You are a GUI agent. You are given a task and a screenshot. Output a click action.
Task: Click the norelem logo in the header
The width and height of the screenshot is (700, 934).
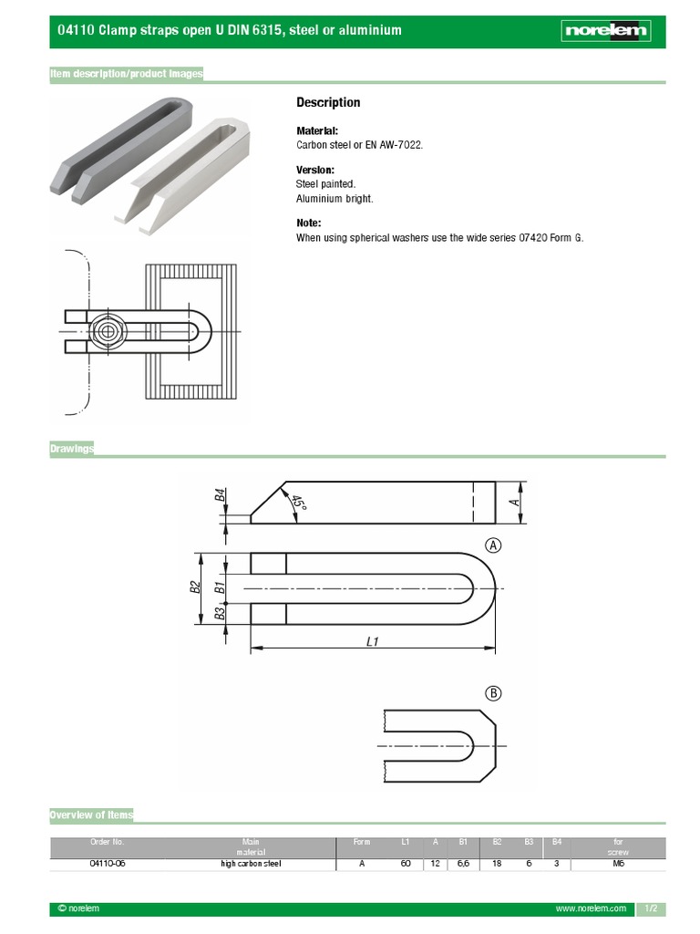pos(605,31)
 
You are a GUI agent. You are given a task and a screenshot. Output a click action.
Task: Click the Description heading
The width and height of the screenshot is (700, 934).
pos(328,102)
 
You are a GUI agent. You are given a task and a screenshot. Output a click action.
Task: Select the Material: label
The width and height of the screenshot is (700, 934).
pos(316,131)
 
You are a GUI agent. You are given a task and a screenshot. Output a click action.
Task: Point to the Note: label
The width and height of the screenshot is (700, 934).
pos(309,223)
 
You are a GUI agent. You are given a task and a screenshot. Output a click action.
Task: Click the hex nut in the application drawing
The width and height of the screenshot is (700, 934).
pos(108,330)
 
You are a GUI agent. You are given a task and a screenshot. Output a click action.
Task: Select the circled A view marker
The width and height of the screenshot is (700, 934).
pos(493,545)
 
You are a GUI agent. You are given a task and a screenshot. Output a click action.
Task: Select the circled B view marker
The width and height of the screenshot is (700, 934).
pos(493,693)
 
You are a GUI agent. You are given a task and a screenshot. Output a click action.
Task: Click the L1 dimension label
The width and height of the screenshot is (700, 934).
pos(372,641)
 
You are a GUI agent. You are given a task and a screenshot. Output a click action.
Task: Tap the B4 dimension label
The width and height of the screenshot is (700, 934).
pos(220,495)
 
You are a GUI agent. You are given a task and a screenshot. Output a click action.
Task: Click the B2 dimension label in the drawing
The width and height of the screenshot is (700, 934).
pos(193,587)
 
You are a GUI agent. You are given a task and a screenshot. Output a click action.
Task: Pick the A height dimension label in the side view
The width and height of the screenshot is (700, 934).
pos(514,502)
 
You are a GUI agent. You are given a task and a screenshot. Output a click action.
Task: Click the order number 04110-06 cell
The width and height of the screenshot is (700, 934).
pos(107,864)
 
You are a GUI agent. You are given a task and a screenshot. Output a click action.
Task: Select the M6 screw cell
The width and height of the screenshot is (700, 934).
pos(617,864)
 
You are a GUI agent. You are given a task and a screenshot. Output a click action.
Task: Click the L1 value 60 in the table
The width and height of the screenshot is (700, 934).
pos(406,864)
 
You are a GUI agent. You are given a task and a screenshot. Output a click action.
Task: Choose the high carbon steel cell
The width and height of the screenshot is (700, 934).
pos(251,864)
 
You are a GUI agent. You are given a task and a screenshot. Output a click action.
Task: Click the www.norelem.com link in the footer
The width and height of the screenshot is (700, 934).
pos(591,909)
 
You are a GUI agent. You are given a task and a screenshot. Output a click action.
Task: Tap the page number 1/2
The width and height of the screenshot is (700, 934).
pos(651,909)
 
